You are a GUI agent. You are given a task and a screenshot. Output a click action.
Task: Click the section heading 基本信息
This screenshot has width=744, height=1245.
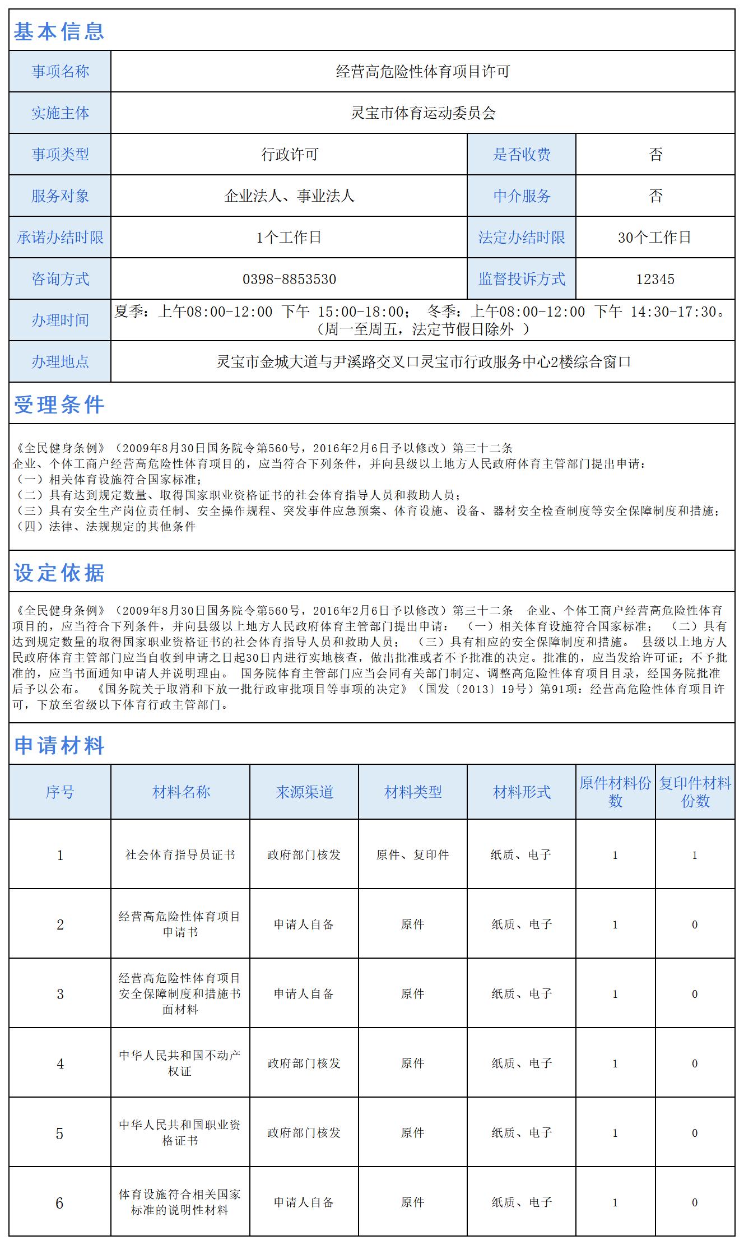(59, 31)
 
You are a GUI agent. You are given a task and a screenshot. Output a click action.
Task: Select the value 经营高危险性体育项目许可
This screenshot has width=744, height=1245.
(422, 72)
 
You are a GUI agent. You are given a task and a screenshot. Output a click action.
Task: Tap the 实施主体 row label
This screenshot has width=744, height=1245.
(60, 113)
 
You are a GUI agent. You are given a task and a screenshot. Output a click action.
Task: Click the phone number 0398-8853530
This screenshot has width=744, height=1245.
(289, 279)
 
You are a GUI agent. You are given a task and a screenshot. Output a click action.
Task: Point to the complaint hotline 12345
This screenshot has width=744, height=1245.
(655, 279)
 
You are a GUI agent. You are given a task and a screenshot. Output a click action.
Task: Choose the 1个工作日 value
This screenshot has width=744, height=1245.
(289, 238)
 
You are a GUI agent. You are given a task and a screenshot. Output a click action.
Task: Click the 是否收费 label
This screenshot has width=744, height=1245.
(522, 155)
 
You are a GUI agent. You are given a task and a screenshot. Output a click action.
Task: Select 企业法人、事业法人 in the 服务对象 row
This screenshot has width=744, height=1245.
(289, 196)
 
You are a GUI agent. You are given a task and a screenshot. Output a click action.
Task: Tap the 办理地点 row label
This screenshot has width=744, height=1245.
(60, 362)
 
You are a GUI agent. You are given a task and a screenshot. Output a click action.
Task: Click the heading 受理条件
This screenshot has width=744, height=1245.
(59, 405)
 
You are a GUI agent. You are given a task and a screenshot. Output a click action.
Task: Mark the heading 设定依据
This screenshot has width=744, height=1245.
(59, 573)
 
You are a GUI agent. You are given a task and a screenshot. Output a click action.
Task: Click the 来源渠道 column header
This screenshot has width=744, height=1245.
(304, 792)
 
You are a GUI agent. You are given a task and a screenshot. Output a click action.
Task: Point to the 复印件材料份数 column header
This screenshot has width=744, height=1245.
(695, 792)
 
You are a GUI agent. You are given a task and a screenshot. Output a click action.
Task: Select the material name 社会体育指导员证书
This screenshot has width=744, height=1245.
(180, 855)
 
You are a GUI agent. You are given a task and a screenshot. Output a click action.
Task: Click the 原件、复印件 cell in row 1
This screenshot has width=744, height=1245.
(412, 855)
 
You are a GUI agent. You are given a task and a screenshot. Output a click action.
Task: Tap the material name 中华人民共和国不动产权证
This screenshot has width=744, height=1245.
(180, 1063)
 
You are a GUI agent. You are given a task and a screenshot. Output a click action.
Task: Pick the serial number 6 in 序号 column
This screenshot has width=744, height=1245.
(60, 1202)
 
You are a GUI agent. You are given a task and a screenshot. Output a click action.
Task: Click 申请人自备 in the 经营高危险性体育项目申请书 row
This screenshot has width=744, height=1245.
(304, 925)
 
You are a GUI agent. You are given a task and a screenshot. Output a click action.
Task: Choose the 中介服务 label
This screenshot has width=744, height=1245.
(522, 196)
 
